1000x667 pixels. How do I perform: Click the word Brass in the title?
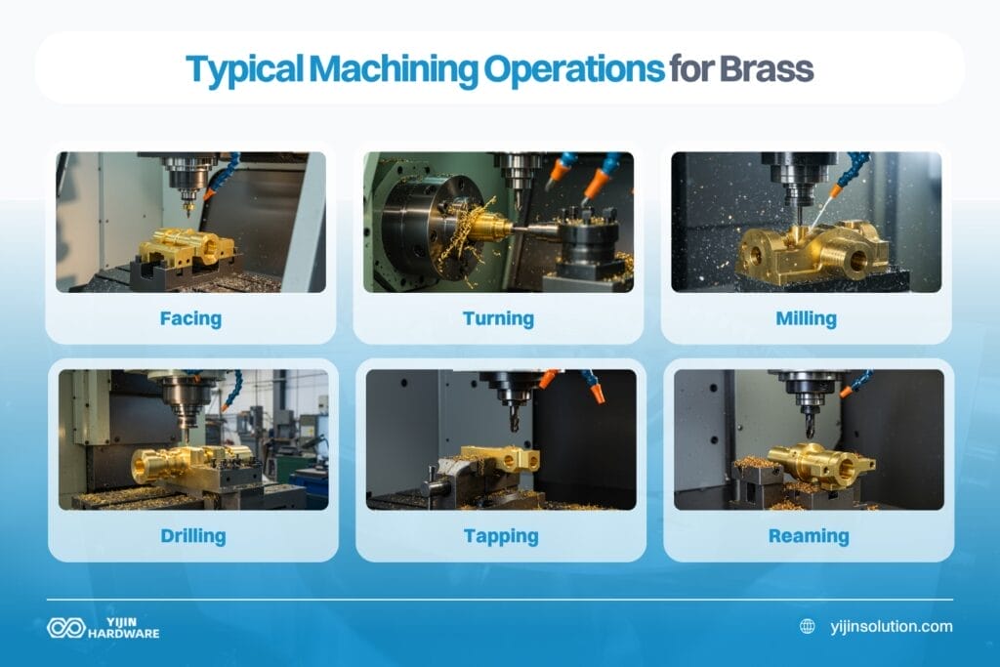pos(767,68)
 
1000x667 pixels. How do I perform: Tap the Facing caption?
pos(190,318)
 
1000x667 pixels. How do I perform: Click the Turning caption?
pos(498,318)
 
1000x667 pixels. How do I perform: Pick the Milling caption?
pos(806,318)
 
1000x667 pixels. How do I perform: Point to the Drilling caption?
pos(192,535)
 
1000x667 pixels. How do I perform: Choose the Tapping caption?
pos(500,536)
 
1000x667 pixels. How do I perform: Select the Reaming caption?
pos(808,535)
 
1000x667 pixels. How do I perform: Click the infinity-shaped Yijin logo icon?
pos(65,627)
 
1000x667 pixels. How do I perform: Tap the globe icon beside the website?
pos(807,627)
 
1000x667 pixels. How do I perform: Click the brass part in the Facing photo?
pos(186,245)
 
